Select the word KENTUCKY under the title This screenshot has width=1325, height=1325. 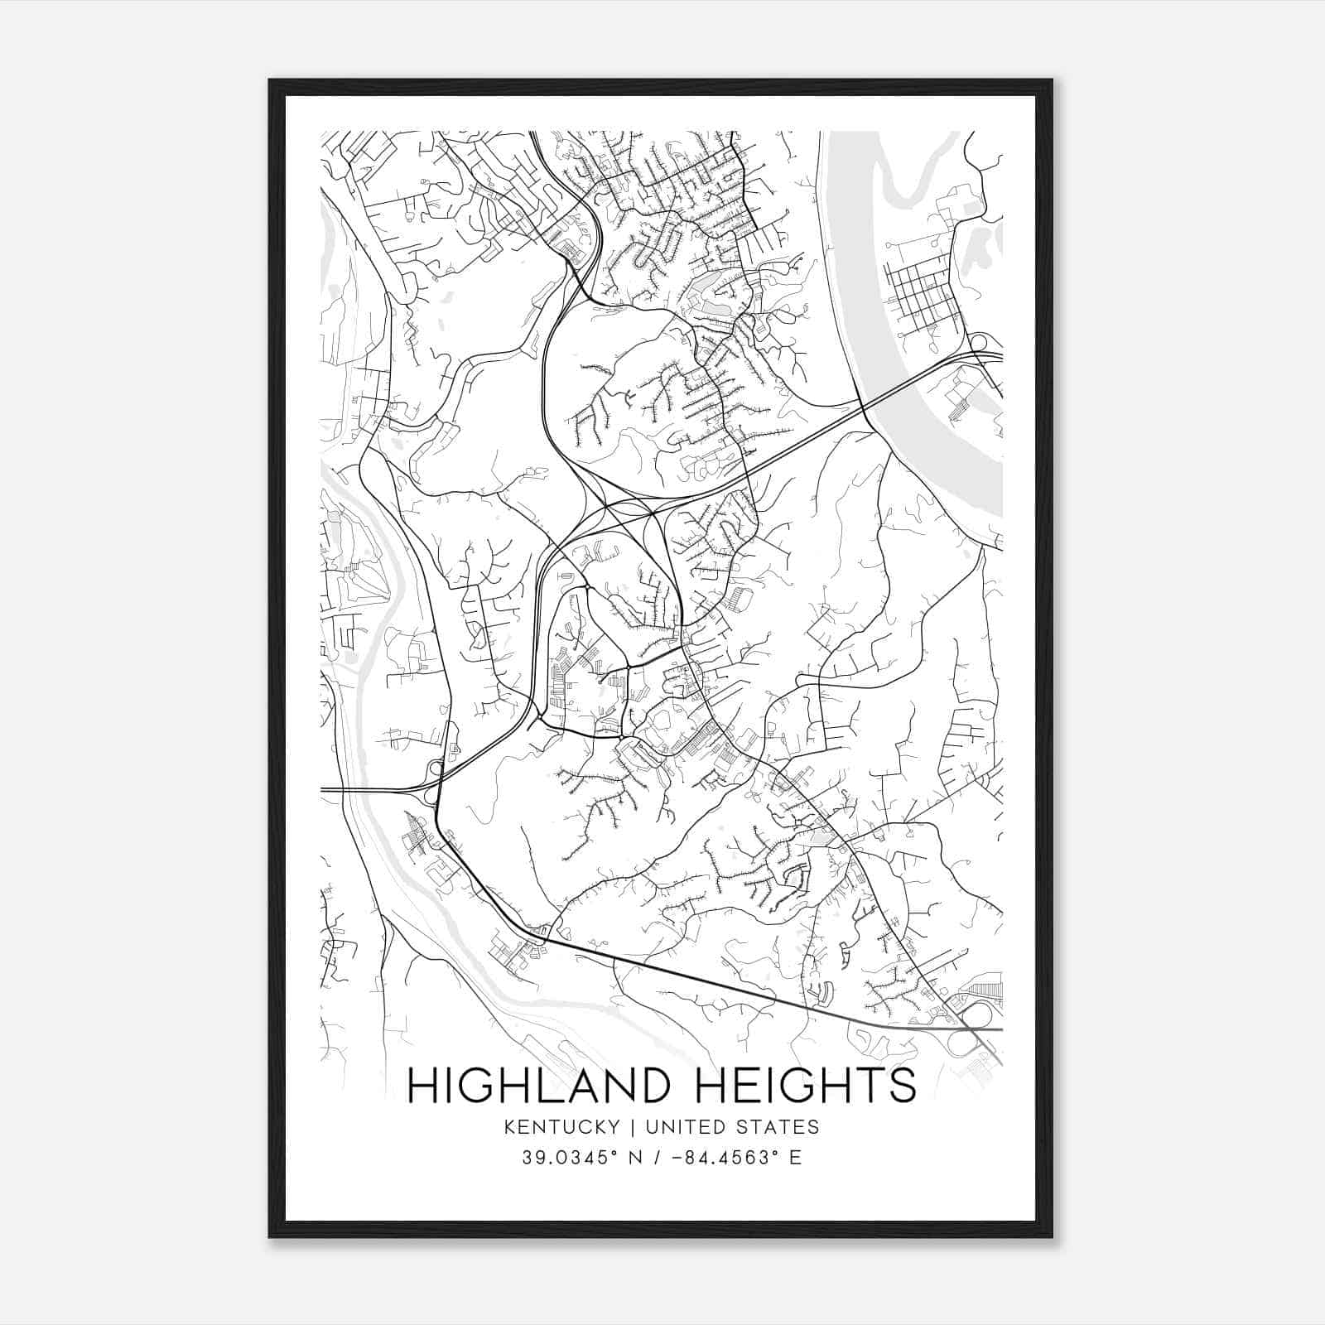[571, 1126]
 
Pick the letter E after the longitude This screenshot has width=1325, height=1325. [795, 1157]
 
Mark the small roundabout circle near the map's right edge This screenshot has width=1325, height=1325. [978, 341]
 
